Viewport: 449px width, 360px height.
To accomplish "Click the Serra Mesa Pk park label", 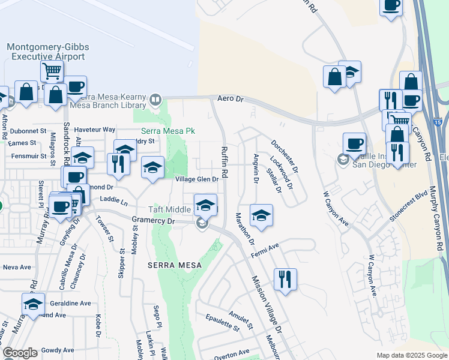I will [x=163, y=130].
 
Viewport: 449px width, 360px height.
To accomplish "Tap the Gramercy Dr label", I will [x=152, y=221].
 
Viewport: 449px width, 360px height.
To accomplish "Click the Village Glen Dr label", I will [x=196, y=179].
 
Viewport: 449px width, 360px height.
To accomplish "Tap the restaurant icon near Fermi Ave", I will [x=285, y=279].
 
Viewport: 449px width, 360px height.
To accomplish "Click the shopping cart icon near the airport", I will [x=52, y=71].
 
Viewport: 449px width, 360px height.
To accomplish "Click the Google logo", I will [x=20, y=353].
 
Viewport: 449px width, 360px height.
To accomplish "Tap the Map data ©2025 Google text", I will [x=411, y=355].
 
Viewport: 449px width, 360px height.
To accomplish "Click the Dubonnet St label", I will [x=28, y=130].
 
